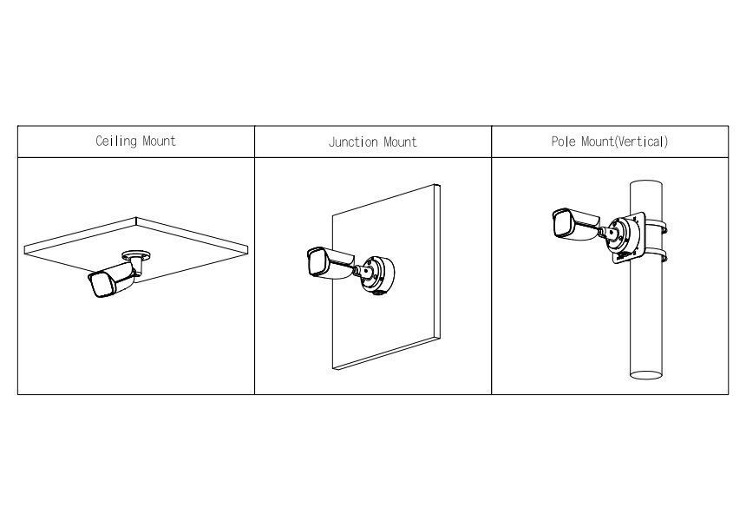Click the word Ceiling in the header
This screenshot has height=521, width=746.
click(x=116, y=142)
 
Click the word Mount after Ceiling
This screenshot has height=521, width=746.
click(x=160, y=142)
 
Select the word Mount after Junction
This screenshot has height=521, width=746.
click(x=400, y=142)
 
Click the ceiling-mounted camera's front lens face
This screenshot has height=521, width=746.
click(x=101, y=286)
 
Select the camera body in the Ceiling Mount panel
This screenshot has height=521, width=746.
click(x=114, y=280)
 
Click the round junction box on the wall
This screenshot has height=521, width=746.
click(x=377, y=275)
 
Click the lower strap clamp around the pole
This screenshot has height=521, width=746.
click(x=655, y=254)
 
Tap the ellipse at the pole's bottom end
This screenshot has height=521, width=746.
click(x=646, y=375)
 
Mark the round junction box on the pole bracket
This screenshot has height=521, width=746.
click(x=625, y=235)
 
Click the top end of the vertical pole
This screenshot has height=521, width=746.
click(x=646, y=184)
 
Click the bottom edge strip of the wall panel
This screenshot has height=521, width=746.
click(x=385, y=353)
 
